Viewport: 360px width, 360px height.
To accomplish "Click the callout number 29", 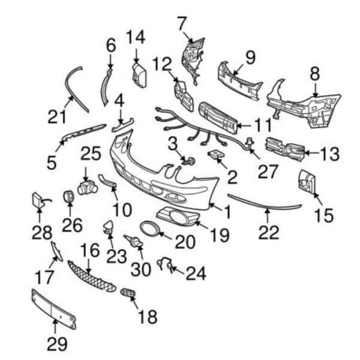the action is point(57,344).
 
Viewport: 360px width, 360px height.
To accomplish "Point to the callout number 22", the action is point(269,232).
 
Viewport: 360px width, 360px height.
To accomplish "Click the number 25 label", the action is point(91,153).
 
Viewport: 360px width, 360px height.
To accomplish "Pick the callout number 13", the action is point(329,154).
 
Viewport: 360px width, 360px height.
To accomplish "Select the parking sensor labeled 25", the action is point(88,188).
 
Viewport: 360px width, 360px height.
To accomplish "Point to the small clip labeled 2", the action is point(217,154).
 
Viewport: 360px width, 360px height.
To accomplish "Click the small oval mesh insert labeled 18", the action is point(128,292).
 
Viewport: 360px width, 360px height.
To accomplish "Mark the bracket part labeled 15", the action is point(307,181).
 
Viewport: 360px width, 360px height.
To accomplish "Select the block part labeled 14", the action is point(139,76).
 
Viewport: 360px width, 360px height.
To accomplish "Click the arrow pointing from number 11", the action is point(244,125).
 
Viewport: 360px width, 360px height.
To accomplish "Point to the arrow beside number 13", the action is point(312,152).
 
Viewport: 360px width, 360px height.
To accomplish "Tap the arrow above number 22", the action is point(267,215).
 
